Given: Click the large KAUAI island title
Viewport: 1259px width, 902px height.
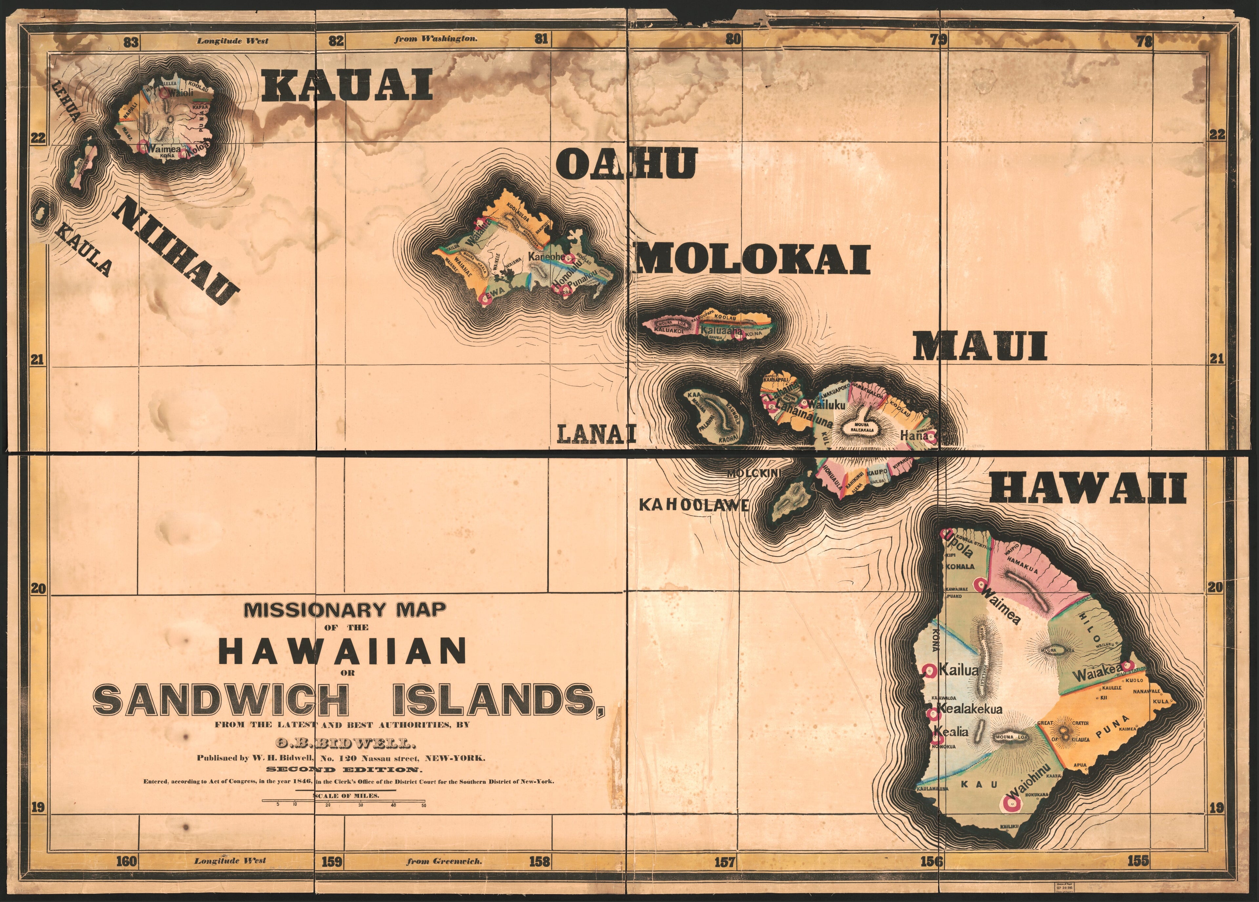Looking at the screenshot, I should tap(347, 87).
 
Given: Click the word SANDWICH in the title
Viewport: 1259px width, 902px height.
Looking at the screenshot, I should tap(221, 700).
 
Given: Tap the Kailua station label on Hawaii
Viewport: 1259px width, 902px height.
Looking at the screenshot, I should tap(958, 670).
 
